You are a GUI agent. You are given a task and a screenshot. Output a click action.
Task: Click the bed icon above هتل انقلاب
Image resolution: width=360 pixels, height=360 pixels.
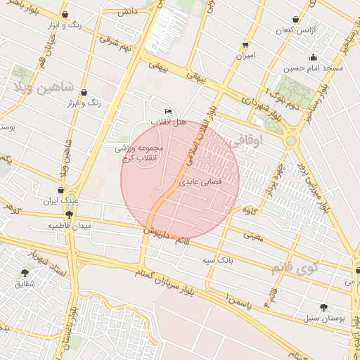click(x=167, y=112)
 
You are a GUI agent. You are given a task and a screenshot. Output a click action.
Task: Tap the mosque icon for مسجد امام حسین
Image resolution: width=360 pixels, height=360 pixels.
click(x=313, y=58)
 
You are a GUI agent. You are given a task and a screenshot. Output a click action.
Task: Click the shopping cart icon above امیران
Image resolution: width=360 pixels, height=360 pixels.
click(x=246, y=42)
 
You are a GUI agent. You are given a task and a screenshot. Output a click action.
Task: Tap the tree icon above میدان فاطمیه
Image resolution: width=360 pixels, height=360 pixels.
click(x=69, y=214)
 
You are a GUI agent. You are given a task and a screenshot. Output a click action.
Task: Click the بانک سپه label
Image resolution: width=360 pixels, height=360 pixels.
click(x=218, y=260)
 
